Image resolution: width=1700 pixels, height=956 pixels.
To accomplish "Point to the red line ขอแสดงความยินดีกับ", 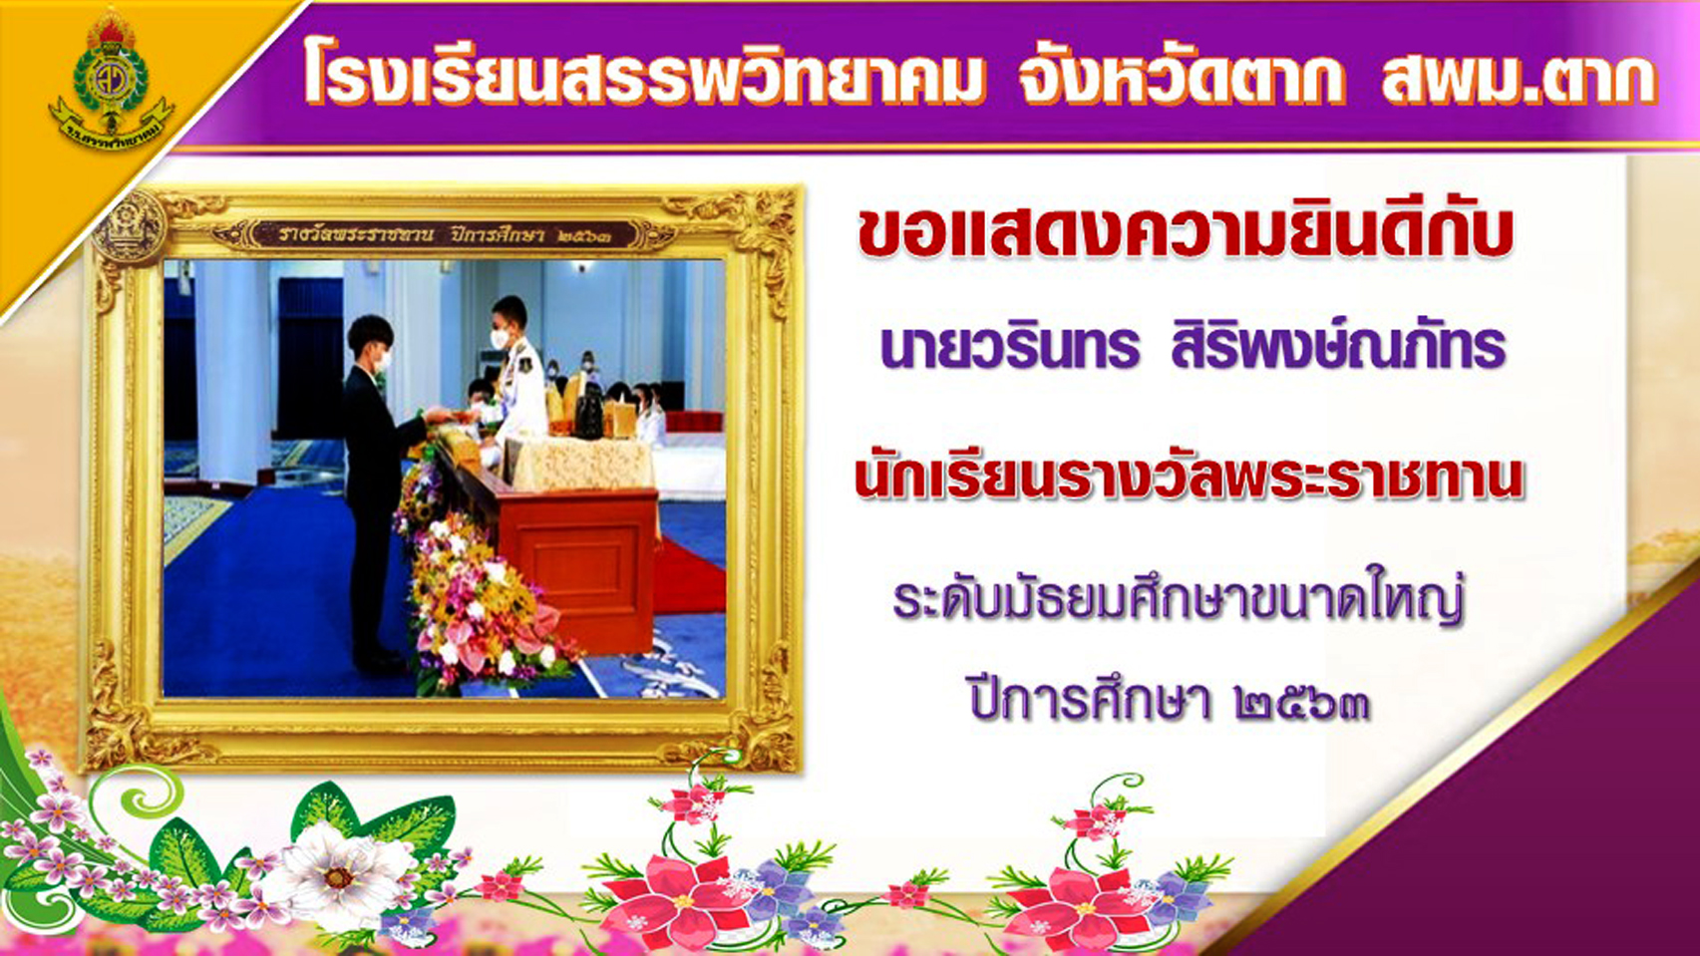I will pos(1185,231).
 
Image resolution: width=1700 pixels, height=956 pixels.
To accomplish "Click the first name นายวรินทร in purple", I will pos(1009,347).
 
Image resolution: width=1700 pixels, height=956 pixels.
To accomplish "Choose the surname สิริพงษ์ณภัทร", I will pos(1338,347).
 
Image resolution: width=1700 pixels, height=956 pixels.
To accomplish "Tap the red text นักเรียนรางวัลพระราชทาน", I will pos(1189,477).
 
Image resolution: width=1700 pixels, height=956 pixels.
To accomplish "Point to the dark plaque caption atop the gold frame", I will pos(444,235).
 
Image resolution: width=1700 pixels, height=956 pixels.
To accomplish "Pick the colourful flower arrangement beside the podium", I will pos(479,598).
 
